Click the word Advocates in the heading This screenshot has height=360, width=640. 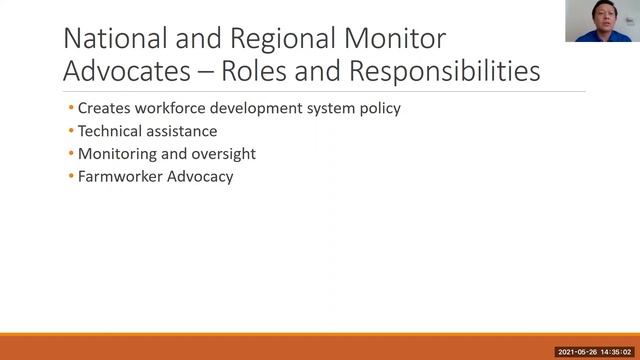click(x=121, y=72)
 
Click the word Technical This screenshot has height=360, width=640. click(x=110, y=131)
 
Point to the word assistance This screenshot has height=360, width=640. click(x=181, y=131)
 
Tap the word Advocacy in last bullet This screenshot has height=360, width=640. click(x=199, y=177)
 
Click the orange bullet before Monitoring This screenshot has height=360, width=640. click(x=71, y=154)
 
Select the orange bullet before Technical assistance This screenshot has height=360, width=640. click(x=71, y=131)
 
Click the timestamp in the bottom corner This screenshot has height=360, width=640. click(x=595, y=352)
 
